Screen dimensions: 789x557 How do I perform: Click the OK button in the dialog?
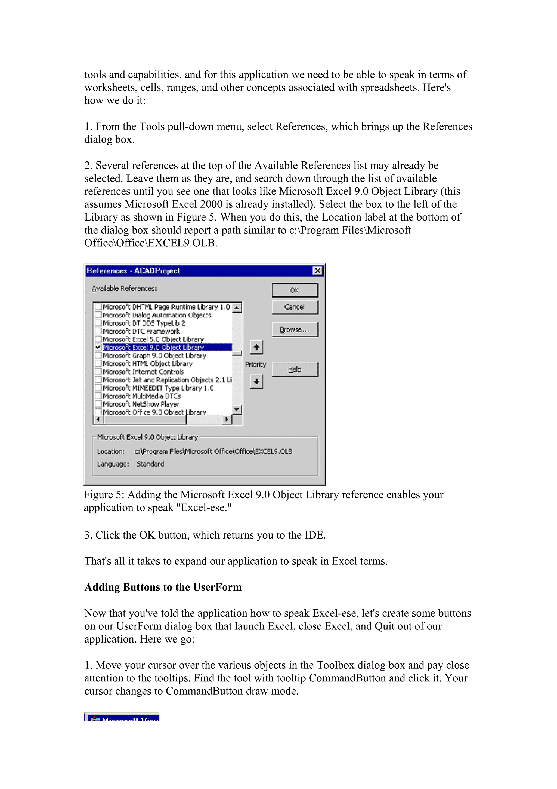295,290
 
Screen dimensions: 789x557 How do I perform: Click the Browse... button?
295,329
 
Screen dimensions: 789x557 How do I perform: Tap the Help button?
295,369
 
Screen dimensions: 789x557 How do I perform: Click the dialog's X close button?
318,271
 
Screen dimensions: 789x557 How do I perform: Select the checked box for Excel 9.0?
98,347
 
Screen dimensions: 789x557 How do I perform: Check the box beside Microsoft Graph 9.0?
98,355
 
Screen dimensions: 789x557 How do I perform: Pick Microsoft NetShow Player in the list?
141,404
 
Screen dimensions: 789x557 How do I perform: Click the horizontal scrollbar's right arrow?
227,419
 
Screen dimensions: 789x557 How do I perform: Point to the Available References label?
124,288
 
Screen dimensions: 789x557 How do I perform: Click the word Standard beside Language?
150,464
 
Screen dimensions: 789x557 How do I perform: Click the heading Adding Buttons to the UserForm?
163,587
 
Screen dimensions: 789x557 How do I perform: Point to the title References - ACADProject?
133,271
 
